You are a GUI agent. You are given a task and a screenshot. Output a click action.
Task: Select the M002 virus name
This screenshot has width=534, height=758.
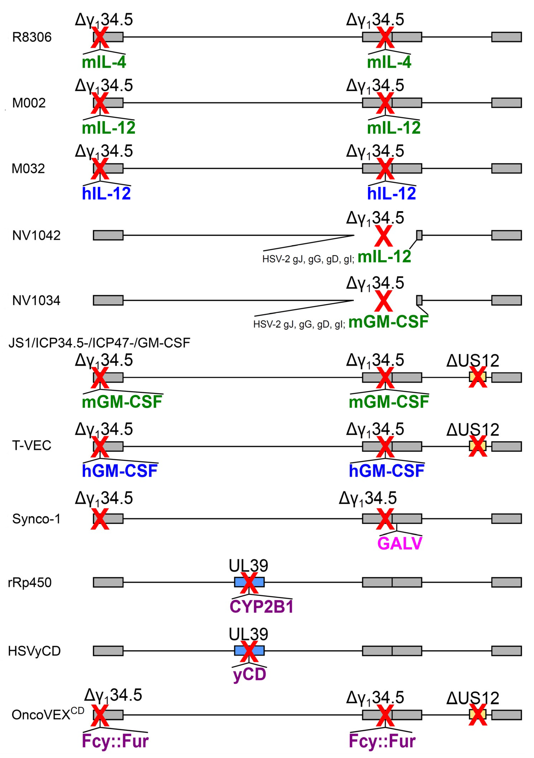(29, 103)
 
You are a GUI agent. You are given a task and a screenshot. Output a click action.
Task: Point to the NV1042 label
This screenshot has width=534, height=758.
(36, 235)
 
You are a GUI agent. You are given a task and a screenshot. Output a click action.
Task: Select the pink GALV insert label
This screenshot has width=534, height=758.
(399, 543)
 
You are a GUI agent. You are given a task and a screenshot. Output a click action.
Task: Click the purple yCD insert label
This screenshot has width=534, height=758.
(250, 674)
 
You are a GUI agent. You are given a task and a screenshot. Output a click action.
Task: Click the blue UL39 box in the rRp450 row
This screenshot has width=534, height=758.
(249, 582)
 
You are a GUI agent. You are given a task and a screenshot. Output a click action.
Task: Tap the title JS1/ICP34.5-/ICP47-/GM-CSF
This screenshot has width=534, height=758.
(99, 343)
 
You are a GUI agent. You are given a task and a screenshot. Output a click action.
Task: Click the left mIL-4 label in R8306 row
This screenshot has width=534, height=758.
(104, 62)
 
